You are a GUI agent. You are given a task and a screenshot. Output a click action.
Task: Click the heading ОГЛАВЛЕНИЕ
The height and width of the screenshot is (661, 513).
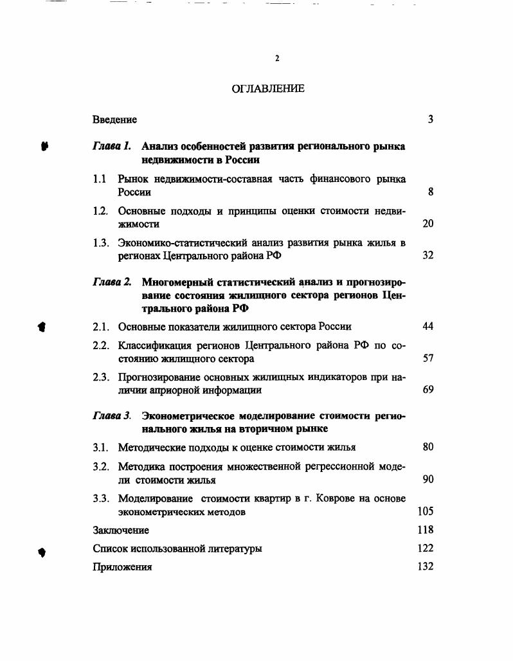268,89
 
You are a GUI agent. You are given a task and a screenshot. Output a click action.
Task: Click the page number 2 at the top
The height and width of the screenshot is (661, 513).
277,59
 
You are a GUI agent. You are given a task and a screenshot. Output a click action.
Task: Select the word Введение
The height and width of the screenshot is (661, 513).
114,120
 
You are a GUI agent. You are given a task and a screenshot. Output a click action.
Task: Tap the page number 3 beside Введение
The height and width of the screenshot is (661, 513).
430,120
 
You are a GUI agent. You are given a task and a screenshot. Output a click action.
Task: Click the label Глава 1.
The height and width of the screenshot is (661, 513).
112,146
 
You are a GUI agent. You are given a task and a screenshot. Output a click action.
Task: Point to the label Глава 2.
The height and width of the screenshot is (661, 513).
112,282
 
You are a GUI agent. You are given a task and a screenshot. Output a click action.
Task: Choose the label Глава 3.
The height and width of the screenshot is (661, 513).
112,416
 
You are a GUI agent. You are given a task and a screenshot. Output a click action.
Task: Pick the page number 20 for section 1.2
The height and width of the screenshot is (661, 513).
428,224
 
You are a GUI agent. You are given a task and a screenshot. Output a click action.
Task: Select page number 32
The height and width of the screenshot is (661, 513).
428,255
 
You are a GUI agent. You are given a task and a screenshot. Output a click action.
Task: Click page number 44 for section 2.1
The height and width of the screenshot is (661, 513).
428,327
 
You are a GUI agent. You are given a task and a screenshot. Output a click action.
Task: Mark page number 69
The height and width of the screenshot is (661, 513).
428,390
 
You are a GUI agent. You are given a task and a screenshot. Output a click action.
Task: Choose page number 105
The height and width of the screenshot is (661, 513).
426,511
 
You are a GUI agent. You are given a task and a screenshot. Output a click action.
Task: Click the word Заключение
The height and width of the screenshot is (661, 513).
121,530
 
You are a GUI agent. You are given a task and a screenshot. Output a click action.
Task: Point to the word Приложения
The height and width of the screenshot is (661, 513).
122,567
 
